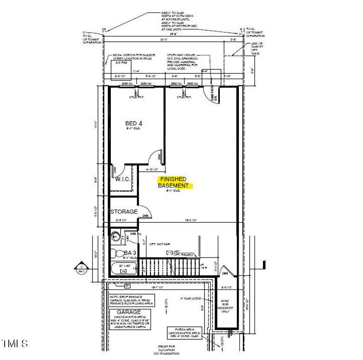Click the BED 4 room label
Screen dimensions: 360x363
pos(134,123)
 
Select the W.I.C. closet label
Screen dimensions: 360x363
pos(122,179)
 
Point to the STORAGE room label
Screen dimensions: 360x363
pos(124,212)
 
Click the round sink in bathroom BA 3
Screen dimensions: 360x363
pos(117,237)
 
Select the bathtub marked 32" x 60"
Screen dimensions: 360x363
pos(123,268)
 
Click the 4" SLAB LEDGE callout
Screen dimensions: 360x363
pos(191,298)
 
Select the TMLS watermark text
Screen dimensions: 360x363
pos(15,343)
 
